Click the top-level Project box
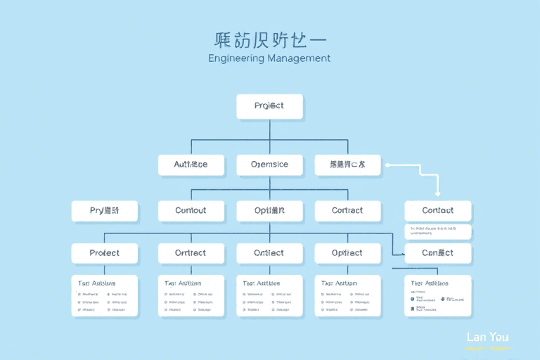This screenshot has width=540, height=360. click(269, 106)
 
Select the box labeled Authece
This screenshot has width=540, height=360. click(191, 165)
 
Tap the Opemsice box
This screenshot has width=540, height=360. click(269, 165)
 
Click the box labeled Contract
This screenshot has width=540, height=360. click(347, 210)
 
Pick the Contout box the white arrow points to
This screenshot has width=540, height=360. click(437, 210)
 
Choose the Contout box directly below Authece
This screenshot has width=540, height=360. click(191, 210)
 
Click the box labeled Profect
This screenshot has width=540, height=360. click(105, 253)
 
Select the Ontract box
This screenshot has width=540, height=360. click(191, 253)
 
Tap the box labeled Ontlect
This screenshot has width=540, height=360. click(269, 253)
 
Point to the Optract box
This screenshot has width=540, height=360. click(347, 253)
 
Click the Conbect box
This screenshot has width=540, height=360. click(437, 253)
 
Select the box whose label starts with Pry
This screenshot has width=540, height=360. click(105, 210)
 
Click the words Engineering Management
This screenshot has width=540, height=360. click(269, 58)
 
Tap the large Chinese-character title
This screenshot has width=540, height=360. click(269, 39)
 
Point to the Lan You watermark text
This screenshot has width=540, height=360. click(487, 337)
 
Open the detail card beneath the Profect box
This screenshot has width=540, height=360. click(105, 295)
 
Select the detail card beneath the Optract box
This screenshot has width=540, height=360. click(347, 295)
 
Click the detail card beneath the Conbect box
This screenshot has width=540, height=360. click(437, 295)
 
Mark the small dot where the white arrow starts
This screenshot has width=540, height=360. click(387, 165)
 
